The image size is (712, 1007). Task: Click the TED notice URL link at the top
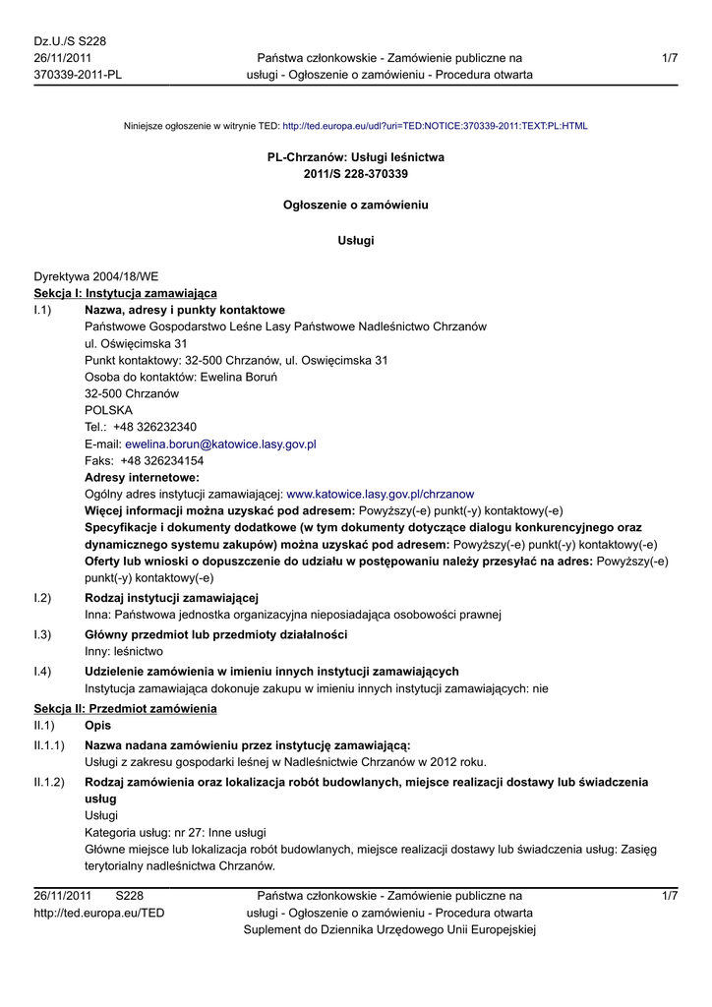tap(435, 126)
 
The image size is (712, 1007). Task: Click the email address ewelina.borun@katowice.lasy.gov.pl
tap(220, 444)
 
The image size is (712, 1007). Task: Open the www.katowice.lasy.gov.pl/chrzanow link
tap(380, 494)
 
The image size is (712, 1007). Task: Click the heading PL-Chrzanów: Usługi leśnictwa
tap(356, 157)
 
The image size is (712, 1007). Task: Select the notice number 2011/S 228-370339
tap(356, 174)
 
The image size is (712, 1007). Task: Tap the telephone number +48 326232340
tap(155, 427)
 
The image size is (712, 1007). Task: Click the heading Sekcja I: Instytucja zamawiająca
tap(126, 293)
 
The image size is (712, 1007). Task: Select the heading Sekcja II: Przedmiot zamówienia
tap(126, 709)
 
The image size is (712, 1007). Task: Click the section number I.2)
tap(42, 598)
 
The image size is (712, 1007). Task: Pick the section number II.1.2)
tap(49, 782)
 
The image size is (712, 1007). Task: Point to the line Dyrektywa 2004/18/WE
tap(96, 277)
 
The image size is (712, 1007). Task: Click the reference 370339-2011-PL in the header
tap(78, 75)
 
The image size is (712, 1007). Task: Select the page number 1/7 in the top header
tap(670, 58)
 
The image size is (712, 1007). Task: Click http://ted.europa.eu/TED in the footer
tap(99, 913)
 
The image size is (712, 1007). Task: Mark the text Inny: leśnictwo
tap(124, 651)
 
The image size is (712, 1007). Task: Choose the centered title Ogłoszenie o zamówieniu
tap(356, 206)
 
